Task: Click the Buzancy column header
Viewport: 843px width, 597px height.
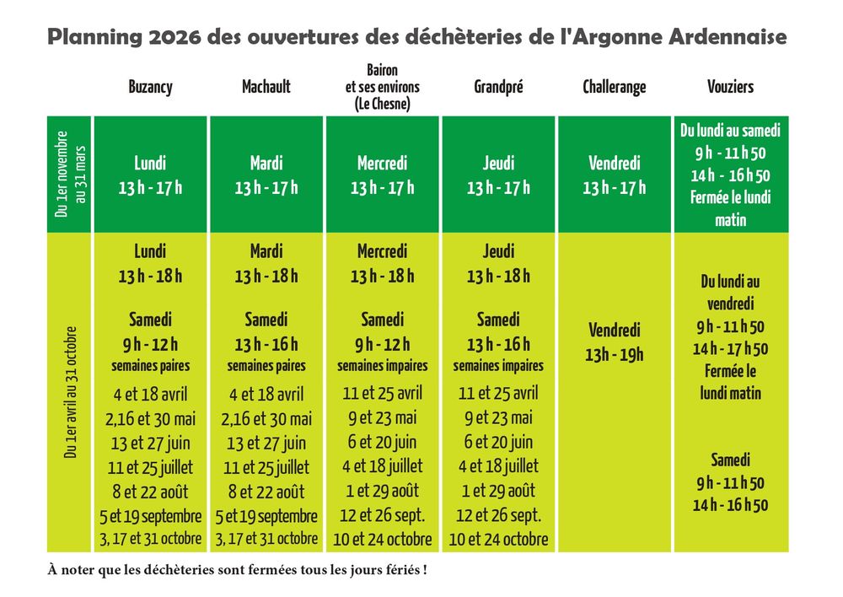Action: pos(151,87)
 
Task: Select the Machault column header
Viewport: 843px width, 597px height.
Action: pos(266,87)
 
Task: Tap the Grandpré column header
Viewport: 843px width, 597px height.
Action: pos(498,87)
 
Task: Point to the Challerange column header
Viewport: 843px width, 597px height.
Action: pos(614,87)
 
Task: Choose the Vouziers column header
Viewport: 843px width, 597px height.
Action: pos(730,87)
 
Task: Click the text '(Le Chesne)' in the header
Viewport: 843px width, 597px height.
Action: pos(382,104)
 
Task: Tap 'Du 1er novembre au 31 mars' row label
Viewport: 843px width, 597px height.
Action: pos(71,174)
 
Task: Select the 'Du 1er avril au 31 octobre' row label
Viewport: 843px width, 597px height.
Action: pos(71,392)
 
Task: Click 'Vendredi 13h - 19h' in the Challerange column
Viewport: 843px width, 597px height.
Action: pos(614,342)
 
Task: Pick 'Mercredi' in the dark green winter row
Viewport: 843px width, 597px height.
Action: pos(382,164)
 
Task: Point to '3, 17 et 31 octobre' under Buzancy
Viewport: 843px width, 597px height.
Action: pos(151,537)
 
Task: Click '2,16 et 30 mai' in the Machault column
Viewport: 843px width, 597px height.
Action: pos(266,419)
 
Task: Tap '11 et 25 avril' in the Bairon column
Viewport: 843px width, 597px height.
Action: pos(382,393)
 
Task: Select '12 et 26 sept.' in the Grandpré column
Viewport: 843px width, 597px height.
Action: pos(498,515)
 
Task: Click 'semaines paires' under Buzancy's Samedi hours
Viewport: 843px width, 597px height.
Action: pos(151,366)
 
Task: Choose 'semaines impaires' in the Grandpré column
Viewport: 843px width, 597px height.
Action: pos(498,366)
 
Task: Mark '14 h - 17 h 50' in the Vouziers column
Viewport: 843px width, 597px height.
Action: pos(730,348)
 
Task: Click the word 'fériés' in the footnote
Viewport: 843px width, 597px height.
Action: pos(400,570)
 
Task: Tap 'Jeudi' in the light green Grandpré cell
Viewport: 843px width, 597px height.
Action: pos(498,251)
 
